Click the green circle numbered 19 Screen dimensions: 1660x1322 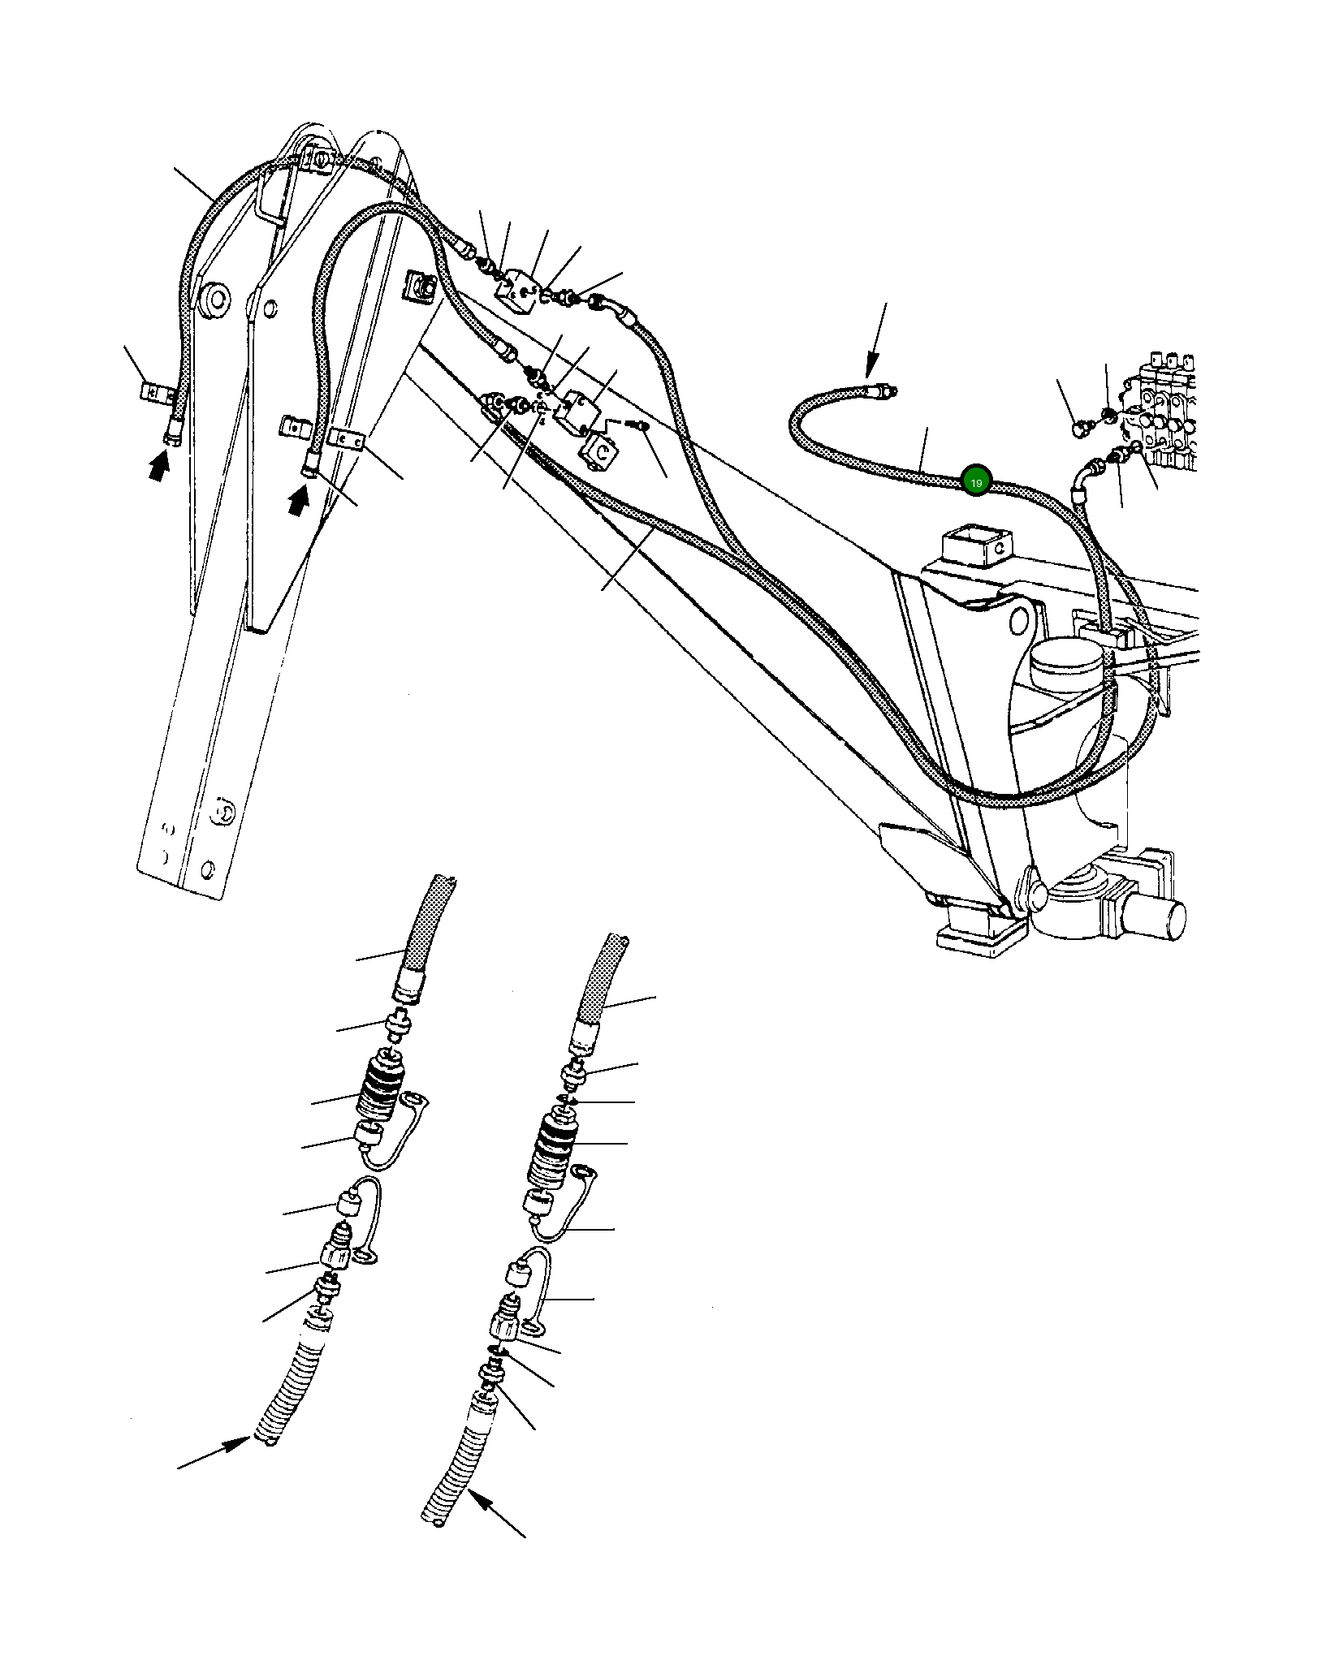tap(974, 482)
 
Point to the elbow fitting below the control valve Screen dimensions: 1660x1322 tap(1092, 472)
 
